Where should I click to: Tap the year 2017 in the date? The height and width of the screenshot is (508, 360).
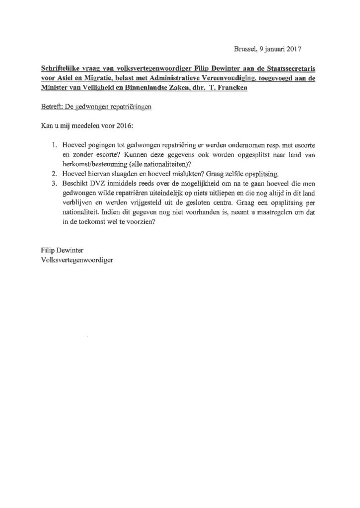294,49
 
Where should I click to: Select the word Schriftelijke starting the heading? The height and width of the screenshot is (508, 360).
59,66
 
